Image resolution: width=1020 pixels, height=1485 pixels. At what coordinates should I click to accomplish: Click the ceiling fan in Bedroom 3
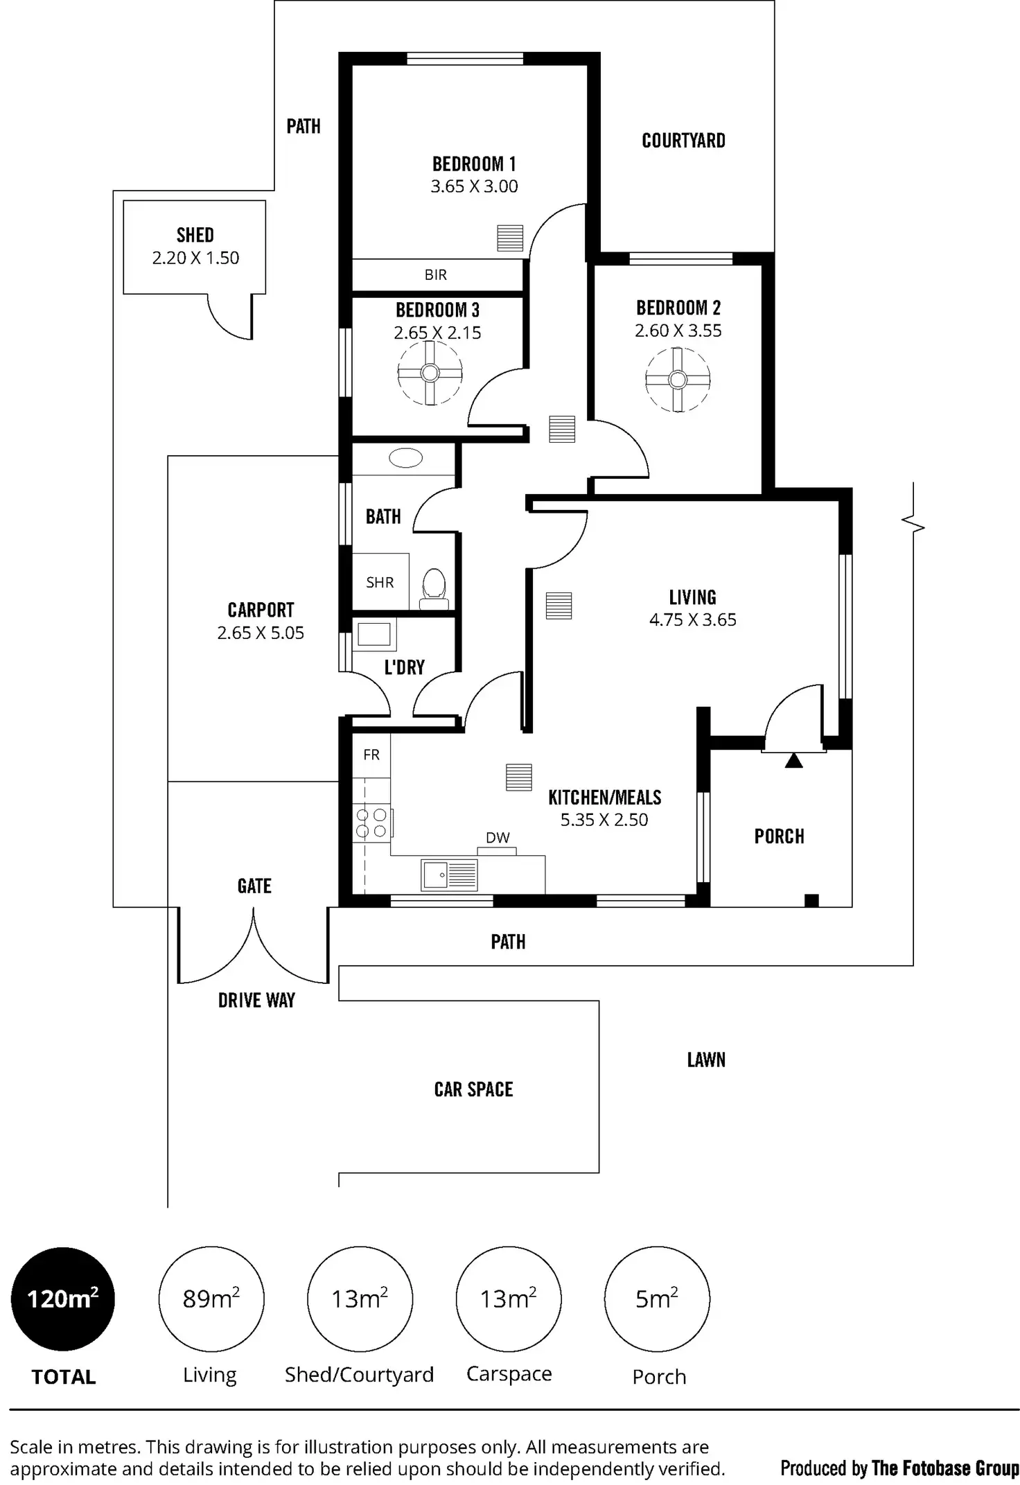430,374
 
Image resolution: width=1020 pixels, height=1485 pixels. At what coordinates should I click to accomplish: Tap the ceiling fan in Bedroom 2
677,380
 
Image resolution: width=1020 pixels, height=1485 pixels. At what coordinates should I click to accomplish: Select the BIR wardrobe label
436,275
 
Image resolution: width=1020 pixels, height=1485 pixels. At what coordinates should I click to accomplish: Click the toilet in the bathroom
434,588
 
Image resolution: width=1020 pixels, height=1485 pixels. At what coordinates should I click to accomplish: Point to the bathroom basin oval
406,458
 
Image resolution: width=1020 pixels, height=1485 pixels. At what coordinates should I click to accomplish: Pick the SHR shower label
380,583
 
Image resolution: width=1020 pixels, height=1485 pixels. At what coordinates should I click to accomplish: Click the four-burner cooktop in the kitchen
372,823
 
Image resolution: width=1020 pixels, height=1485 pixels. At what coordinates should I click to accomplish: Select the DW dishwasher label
498,838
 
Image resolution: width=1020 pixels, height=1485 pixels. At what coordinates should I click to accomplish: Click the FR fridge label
371,755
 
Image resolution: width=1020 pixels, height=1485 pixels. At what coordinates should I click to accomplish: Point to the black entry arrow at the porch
793,761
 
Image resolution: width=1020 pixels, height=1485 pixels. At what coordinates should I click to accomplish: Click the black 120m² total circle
62,1299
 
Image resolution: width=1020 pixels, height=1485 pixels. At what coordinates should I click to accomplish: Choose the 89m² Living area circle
211,1299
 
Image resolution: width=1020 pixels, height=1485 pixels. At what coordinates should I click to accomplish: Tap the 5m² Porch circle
657,1299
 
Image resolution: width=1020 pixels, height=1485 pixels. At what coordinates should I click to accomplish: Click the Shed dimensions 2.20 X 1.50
195,258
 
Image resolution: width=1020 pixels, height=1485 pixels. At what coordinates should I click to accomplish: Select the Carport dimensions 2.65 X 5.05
261,633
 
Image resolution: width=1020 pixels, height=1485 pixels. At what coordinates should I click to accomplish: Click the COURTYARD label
683,141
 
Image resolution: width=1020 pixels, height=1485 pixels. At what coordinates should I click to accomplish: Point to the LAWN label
706,1060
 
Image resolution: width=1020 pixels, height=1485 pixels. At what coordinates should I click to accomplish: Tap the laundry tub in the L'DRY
374,634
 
